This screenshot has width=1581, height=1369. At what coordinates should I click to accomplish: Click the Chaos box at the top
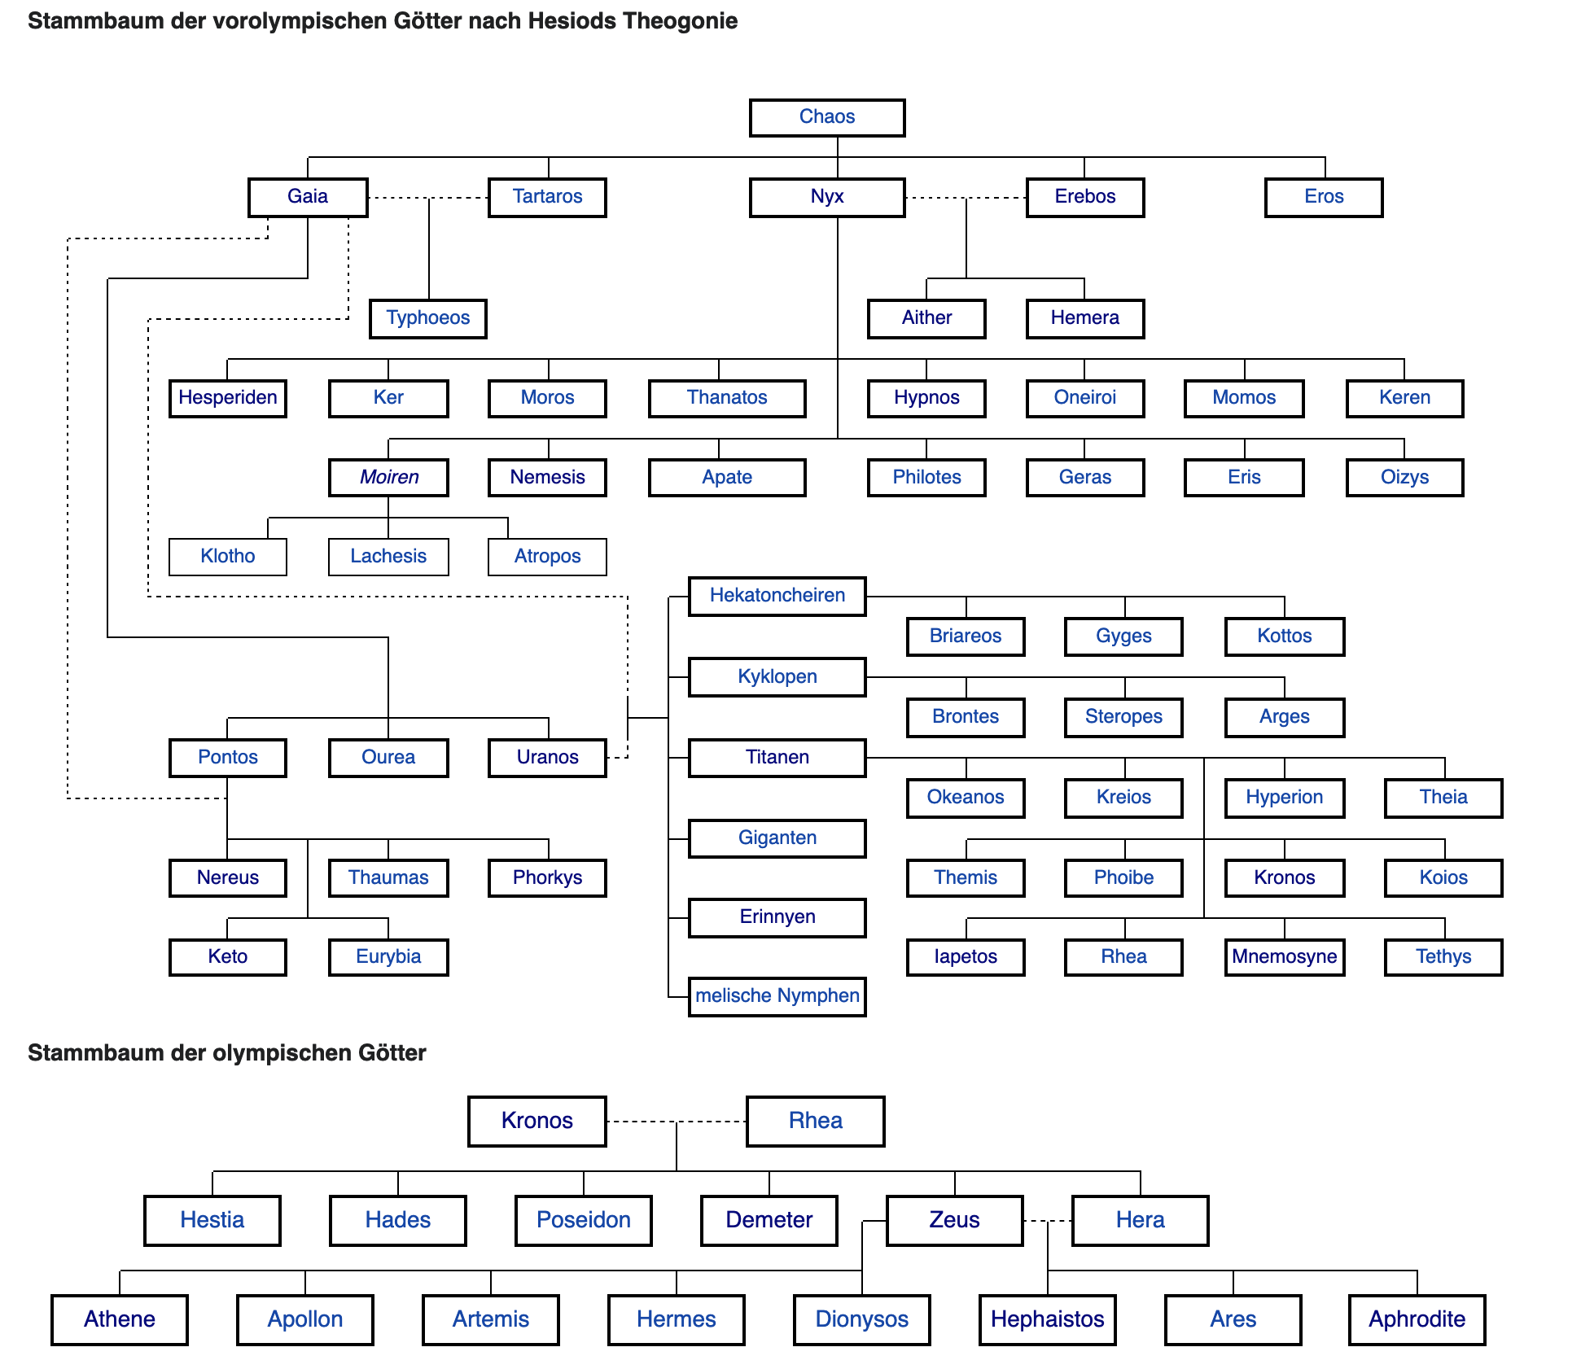pos(827,117)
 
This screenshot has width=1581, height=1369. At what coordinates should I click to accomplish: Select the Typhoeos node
pos(428,318)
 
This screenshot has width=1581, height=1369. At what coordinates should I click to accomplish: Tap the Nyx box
pos(827,197)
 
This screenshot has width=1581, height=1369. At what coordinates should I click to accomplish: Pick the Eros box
pos(1324,197)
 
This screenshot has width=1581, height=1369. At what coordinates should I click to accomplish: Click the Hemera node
pos(1085,318)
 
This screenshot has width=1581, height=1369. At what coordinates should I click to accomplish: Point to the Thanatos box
pos(727,398)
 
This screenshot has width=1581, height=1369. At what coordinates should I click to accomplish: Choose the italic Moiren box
pos(388,478)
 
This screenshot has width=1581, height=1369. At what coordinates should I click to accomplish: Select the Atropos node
pos(547,557)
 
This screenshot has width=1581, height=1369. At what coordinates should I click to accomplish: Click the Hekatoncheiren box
pos(777,596)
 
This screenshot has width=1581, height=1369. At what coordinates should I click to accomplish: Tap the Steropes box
pos(1123,717)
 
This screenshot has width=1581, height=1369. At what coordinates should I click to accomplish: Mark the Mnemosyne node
pos(1285,957)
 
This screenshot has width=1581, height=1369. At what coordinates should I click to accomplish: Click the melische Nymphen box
pos(777,996)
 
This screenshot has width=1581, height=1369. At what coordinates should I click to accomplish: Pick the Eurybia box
pos(388,957)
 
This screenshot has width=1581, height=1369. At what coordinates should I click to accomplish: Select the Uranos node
pos(547,758)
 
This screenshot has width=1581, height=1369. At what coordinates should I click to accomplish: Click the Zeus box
pos(955,1220)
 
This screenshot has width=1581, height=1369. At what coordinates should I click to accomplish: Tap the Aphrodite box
pos(1417,1319)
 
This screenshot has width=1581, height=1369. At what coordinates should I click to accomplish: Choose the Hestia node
pos(212,1220)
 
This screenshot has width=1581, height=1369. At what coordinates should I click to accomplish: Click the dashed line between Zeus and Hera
pos(1048,1221)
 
